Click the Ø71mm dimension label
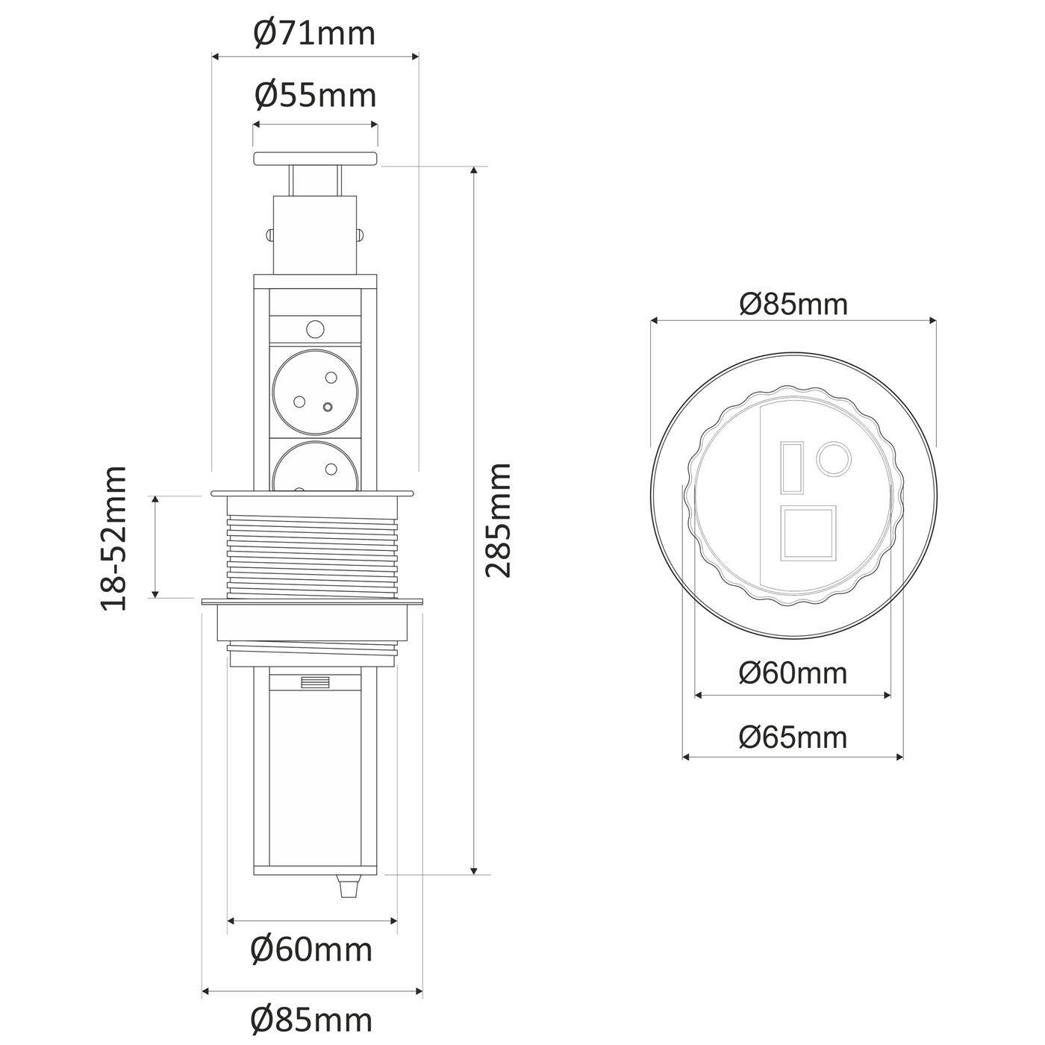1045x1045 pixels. [314, 34]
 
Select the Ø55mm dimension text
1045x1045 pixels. [314, 96]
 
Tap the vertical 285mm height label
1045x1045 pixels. [498, 520]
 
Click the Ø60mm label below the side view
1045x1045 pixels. [311, 951]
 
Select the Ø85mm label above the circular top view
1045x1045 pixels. [793, 305]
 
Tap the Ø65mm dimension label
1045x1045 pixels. [793, 737]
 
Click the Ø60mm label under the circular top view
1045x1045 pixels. [793, 673]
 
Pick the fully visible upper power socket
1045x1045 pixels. [314, 390]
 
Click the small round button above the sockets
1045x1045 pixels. [315, 328]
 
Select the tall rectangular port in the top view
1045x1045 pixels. [792, 468]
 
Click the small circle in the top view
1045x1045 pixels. [833, 457]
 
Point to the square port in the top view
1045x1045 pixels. [808, 533]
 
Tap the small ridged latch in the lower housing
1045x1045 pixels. [314, 682]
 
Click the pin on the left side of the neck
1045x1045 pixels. [269, 234]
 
